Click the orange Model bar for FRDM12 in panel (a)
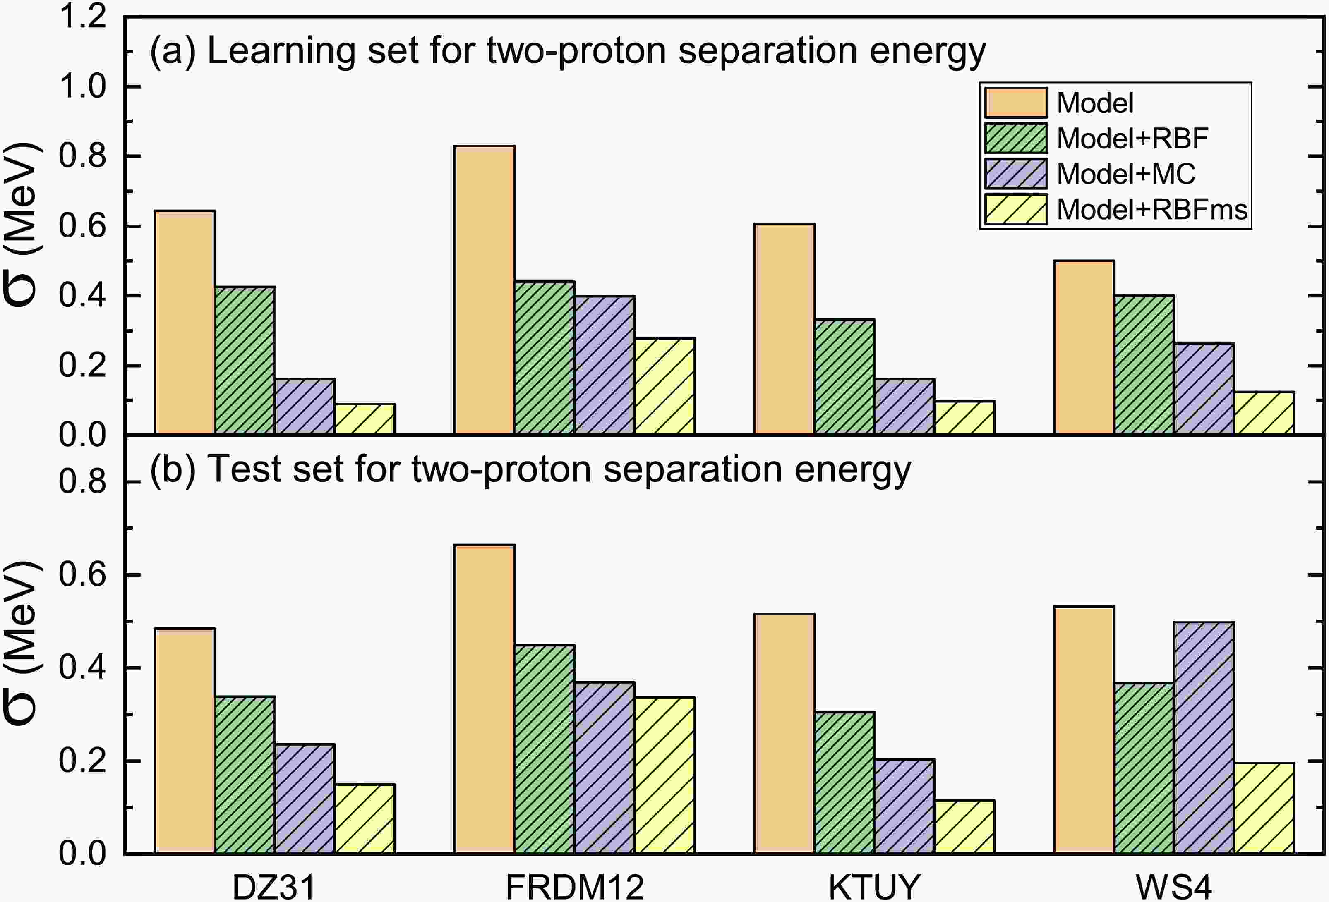485,290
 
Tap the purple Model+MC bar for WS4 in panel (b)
1204,738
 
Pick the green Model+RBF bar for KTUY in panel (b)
844,783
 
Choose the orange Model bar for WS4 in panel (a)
1084,347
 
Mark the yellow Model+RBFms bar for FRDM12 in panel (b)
664,776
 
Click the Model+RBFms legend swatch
1016,209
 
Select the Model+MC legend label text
1125,174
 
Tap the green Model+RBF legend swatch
1016,138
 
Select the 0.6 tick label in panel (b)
83,574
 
